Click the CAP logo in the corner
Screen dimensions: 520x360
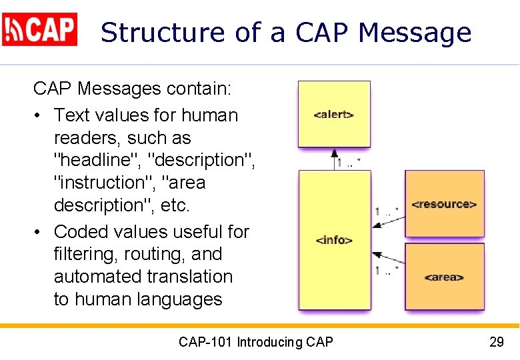click(40, 29)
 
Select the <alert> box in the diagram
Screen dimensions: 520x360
click(333, 114)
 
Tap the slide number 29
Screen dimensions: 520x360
click(496, 343)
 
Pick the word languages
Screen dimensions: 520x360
click(179, 299)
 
